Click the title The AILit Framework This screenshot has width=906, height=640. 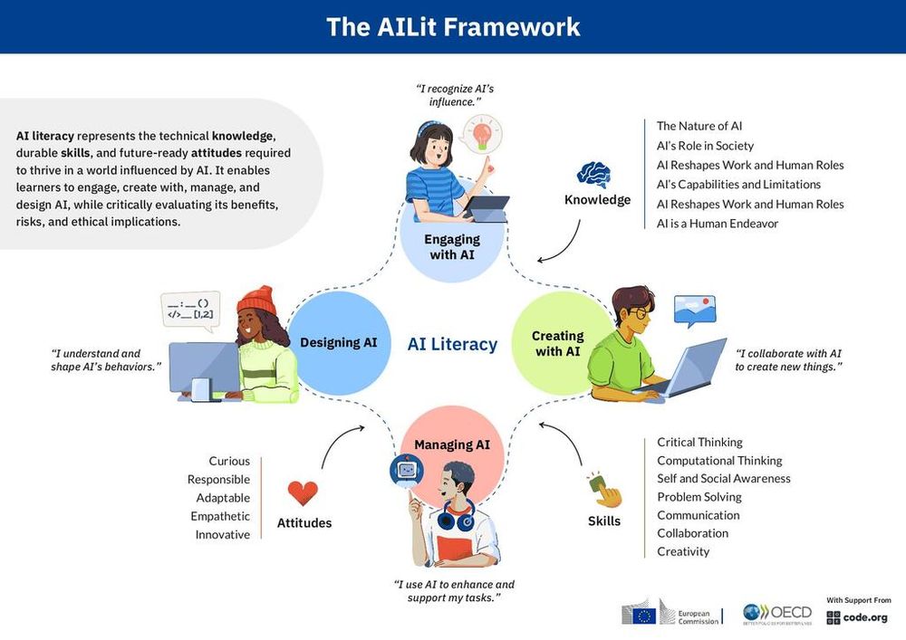(453, 26)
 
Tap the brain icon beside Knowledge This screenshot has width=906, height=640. (594, 174)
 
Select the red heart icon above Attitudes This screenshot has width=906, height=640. (303, 493)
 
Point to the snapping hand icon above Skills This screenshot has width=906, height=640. (603, 490)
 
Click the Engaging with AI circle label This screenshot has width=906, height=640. (451, 246)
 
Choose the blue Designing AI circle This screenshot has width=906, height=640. (338, 343)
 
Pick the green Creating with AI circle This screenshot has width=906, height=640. (556, 343)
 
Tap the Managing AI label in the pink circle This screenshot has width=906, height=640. (452, 444)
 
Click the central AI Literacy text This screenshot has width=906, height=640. (452, 344)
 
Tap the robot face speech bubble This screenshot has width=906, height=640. (406, 471)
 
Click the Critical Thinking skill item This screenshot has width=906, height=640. (699, 442)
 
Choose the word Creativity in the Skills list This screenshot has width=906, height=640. (683, 551)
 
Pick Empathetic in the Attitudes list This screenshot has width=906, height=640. (220, 516)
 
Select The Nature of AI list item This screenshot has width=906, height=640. (699, 126)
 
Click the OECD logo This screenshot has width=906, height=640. (777, 613)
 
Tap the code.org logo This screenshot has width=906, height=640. (859, 616)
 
